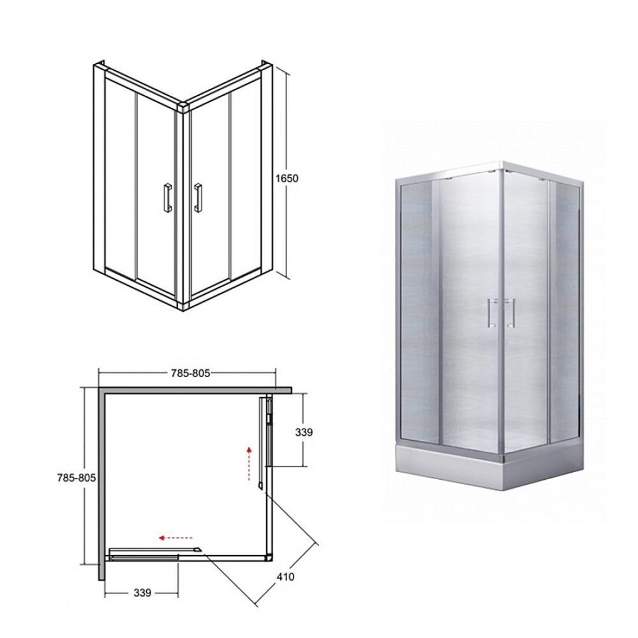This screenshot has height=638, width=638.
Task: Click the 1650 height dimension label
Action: point(287,178)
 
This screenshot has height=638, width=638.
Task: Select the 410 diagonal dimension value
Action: point(285,576)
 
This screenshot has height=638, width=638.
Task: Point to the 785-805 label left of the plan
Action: point(76,478)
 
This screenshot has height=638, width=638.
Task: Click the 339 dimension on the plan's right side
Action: point(304,432)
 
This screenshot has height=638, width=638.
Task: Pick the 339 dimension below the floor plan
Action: point(142,593)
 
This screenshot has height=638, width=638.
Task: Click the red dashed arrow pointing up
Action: point(249,463)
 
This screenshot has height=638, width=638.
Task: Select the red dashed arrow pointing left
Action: point(176,538)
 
